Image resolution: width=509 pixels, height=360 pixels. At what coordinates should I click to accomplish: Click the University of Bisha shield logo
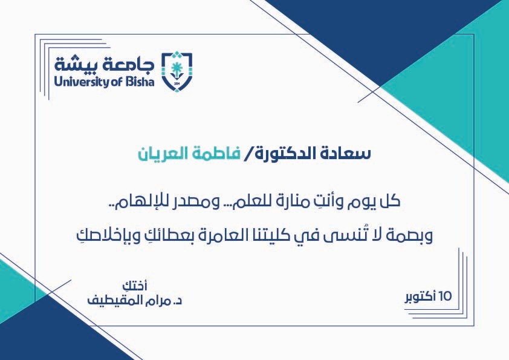[177, 71]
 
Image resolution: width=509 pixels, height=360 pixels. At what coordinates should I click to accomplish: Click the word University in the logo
[82, 82]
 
